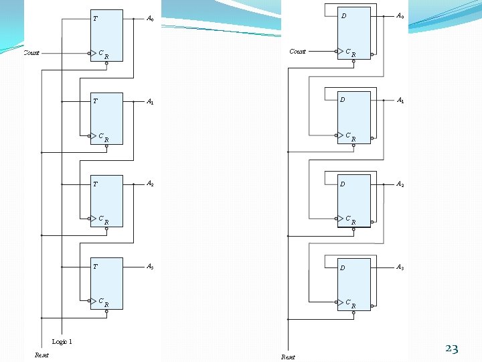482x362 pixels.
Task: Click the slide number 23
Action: (x=451, y=349)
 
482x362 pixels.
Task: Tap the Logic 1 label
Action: (x=62, y=342)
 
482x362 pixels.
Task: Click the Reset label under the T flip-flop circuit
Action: (x=42, y=355)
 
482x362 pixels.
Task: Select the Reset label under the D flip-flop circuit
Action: (x=288, y=357)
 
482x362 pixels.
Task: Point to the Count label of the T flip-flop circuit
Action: (x=31, y=52)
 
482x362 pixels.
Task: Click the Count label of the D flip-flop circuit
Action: (x=297, y=51)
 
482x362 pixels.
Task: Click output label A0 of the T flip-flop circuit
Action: (x=151, y=19)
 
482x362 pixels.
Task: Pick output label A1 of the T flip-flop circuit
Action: (x=151, y=102)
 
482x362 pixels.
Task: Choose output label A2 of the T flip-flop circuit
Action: (x=151, y=184)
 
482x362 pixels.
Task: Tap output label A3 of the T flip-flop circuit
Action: (x=151, y=266)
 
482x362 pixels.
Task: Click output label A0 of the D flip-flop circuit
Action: (x=400, y=15)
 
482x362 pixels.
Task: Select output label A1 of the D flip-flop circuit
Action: (x=400, y=100)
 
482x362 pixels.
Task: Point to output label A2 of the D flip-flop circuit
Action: (x=400, y=184)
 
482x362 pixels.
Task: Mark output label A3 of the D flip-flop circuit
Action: (x=400, y=267)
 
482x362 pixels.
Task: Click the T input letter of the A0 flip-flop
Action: (x=95, y=19)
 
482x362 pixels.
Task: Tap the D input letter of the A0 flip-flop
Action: (x=343, y=15)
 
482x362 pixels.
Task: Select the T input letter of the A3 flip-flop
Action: (x=95, y=267)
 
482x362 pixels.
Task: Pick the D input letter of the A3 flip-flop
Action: (x=343, y=268)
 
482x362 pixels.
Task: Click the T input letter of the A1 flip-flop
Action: (x=95, y=101)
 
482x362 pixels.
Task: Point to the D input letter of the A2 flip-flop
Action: (x=343, y=184)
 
